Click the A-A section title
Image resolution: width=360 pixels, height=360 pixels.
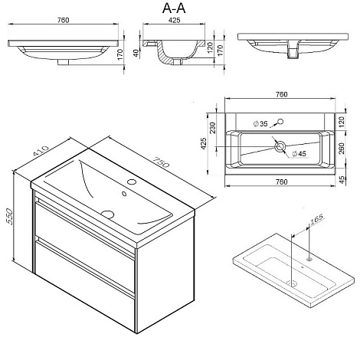(x=174, y=8)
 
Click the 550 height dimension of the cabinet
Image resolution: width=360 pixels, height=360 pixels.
(x=9, y=217)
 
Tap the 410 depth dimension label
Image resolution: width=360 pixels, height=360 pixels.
(x=41, y=150)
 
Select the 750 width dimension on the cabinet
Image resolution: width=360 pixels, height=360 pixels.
(x=161, y=162)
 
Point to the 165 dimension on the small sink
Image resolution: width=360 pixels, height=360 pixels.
(x=316, y=218)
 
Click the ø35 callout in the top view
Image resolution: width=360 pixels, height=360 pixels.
(x=260, y=124)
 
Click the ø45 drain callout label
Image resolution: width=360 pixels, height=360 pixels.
(x=299, y=153)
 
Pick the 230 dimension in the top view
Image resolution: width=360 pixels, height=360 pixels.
(x=212, y=128)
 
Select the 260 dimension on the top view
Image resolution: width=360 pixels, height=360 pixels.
(x=342, y=149)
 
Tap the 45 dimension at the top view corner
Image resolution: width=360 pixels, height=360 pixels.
(x=342, y=179)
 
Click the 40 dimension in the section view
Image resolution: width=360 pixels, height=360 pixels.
(x=136, y=53)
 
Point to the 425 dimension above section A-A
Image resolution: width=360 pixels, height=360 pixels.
(x=174, y=20)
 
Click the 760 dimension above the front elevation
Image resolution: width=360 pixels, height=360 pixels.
(x=63, y=20)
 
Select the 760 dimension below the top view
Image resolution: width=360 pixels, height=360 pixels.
(x=281, y=182)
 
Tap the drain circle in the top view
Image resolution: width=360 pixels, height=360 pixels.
(x=280, y=146)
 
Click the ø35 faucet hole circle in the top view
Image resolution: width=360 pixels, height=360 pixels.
(x=280, y=122)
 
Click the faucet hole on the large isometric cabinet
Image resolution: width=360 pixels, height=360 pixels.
(x=132, y=182)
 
